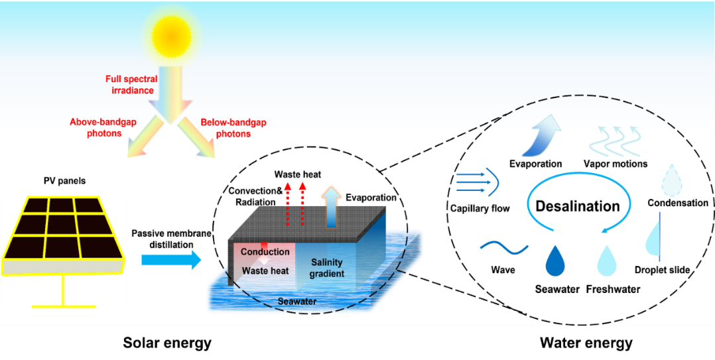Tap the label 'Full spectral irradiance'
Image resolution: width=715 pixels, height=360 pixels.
[x=131, y=84]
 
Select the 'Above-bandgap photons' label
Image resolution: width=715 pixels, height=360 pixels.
[x=96, y=127]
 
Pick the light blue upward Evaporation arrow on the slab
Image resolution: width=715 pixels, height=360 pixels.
[x=330, y=207]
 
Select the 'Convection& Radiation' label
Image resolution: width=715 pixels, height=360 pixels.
[x=255, y=196]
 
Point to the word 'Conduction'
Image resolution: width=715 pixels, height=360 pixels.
[x=265, y=252]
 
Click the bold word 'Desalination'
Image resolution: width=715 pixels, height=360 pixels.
[x=577, y=206]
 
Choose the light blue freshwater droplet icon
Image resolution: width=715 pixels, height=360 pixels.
[x=607, y=261]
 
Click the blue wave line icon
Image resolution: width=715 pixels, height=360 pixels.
[x=503, y=249]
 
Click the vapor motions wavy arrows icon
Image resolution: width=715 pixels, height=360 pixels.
[x=615, y=141]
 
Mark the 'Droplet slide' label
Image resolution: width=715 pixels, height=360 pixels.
[x=662, y=270]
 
